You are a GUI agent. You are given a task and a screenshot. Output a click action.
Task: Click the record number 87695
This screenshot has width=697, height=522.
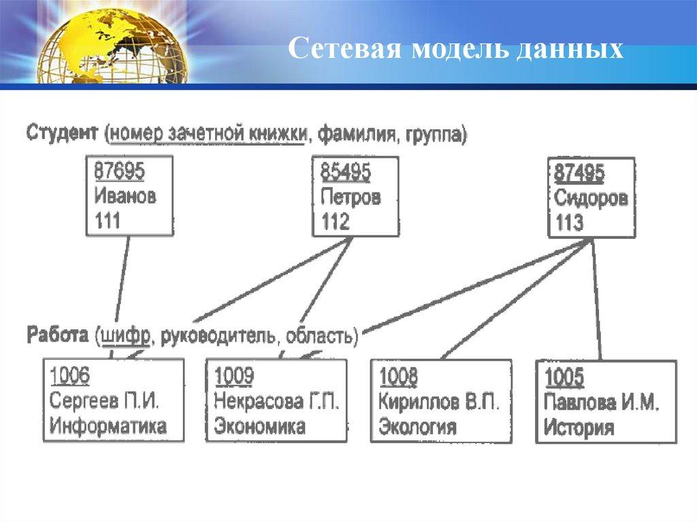[119, 172]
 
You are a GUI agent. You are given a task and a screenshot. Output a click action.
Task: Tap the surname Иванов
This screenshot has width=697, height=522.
[125, 195]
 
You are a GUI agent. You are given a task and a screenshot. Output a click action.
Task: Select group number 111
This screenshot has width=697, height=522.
[107, 221]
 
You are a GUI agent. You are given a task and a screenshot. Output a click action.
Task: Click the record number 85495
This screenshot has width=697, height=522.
[345, 172]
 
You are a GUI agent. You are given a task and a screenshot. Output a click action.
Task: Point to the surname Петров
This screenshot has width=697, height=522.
[351, 197]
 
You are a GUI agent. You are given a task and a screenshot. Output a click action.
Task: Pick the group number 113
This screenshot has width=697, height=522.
[569, 223]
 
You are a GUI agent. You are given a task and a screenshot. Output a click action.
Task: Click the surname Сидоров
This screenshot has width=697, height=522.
[591, 198]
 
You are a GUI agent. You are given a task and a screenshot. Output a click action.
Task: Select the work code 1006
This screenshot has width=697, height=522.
[69, 376]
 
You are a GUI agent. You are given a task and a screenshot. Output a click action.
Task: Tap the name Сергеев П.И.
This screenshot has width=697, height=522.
[104, 401]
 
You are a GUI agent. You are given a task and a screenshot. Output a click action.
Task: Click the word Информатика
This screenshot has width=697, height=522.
[108, 426]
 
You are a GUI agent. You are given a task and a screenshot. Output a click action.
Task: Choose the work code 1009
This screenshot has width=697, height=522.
[234, 376]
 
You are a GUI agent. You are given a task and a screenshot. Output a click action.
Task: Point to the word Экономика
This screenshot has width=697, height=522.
[259, 426]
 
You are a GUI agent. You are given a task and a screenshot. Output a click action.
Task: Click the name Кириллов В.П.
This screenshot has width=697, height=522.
[439, 402]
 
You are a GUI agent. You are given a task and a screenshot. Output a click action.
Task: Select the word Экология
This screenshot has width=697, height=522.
[417, 427]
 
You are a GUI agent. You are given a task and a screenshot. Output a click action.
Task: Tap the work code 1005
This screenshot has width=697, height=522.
[564, 378]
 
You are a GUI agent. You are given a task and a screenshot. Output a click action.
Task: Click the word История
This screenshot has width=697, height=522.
[579, 427]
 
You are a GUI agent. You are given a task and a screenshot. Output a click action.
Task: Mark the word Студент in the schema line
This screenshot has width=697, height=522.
[62, 133]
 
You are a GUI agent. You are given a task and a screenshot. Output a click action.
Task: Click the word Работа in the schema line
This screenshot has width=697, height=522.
[58, 335]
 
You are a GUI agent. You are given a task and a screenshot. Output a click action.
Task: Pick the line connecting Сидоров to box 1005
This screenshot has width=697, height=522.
[596, 299]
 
